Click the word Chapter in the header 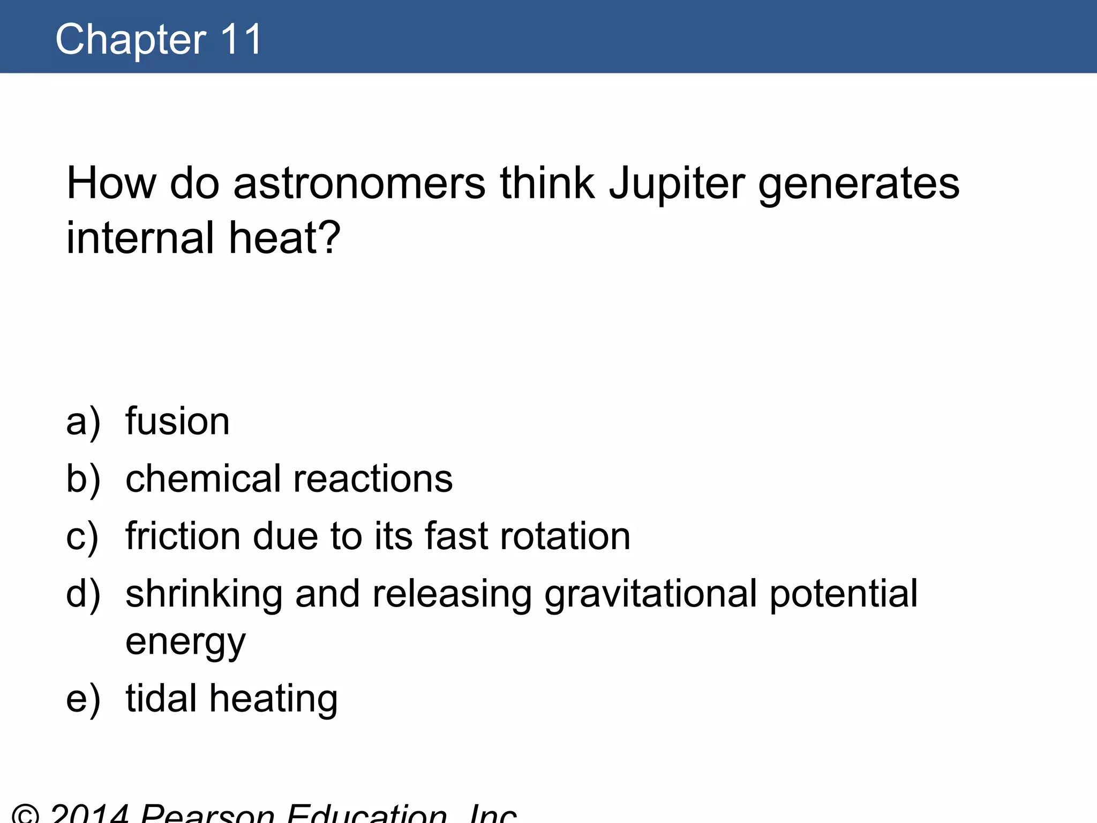(131, 40)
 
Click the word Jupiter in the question (677, 184)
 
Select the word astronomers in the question (359, 184)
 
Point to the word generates (859, 184)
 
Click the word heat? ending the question (284, 238)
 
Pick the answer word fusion (177, 422)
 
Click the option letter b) (83, 479)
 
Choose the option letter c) (82, 536)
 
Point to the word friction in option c (183, 536)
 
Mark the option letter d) (83, 594)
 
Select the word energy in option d (185, 642)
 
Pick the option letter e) (83, 699)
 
